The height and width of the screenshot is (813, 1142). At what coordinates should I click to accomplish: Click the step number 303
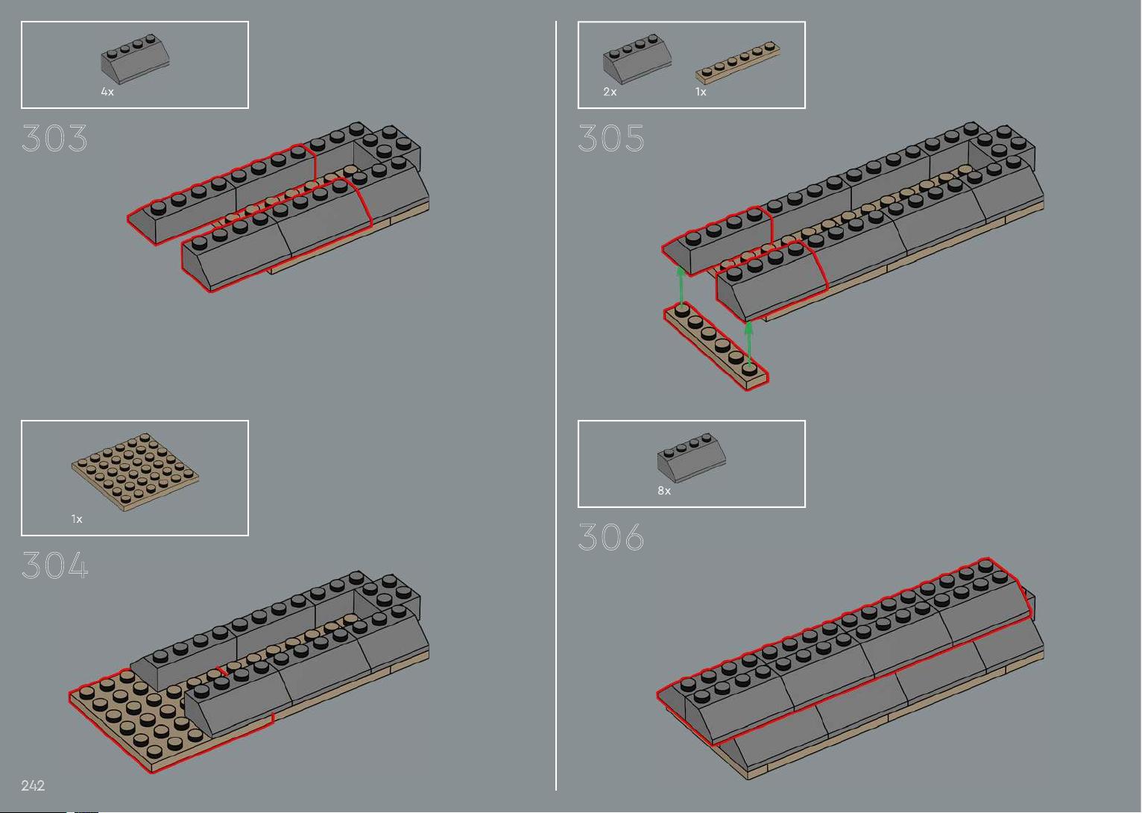54,138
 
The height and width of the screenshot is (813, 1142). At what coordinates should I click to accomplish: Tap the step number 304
55,565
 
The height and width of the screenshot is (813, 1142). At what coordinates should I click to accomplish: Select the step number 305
611,138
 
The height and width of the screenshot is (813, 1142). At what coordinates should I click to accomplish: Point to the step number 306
611,536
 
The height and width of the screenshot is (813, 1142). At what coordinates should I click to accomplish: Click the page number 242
33,785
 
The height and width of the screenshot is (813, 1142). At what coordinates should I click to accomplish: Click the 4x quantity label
107,92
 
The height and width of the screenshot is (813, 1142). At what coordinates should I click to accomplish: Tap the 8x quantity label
663,491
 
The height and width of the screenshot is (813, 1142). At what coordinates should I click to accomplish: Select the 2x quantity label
610,92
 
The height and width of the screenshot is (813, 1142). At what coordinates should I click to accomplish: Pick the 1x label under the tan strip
701,92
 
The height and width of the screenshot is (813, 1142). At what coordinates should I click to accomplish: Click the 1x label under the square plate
77,519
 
